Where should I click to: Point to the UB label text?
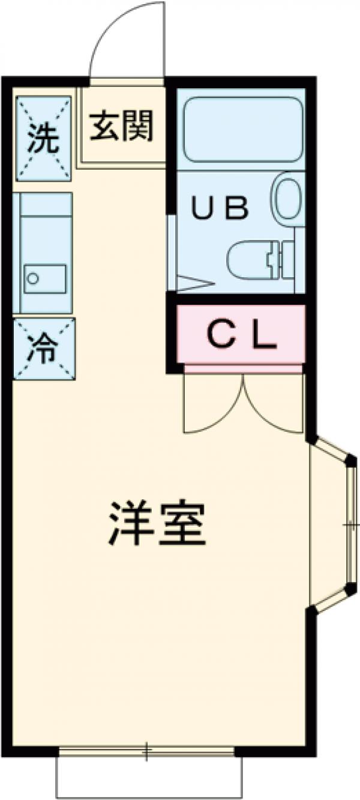pos(220,208)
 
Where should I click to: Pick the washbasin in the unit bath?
pos(289,198)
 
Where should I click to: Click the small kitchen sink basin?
pos(45,279)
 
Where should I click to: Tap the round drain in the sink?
pos(34,278)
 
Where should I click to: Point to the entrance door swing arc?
pos(123,42)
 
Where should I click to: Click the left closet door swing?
pos(213,405)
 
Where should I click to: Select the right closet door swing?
pos(273,405)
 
